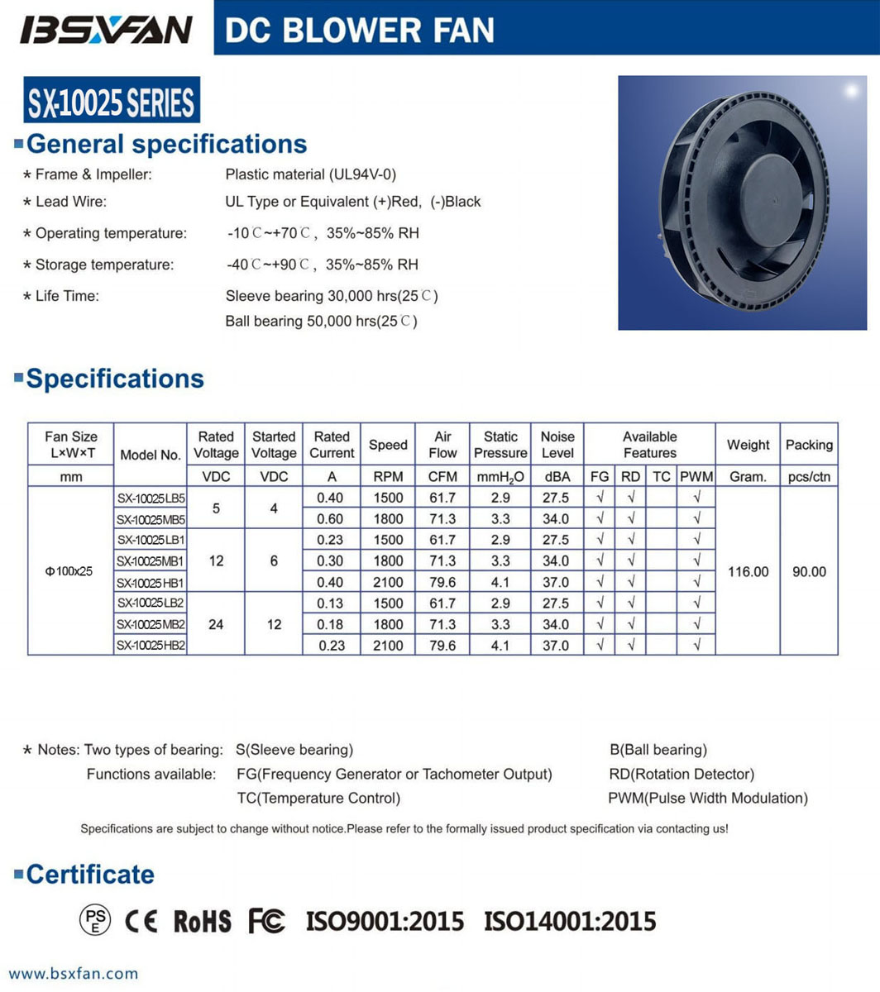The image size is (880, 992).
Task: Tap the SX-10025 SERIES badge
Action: click(112, 103)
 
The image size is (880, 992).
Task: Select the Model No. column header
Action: click(150, 454)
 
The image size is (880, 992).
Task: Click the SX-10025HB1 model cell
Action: click(150, 582)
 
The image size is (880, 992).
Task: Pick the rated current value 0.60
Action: click(331, 519)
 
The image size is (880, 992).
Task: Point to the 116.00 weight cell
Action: click(748, 571)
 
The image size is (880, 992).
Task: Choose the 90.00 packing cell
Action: click(809, 571)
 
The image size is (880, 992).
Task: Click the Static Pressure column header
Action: click(500, 445)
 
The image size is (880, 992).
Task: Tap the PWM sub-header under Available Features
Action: click(696, 477)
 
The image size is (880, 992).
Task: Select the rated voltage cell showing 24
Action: click(216, 624)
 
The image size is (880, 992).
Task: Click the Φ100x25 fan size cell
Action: click(70, 571)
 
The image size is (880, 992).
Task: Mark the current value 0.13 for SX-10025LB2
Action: click(331, 603)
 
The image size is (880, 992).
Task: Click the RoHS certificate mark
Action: click(203, 921)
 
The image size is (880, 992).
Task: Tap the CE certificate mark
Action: click(141, 921)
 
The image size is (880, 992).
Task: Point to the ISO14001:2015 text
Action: click(570, 921)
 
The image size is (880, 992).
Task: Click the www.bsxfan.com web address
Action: click(74, 974)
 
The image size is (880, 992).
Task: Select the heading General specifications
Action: click(166, 144)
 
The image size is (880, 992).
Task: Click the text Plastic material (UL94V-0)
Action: click(311, 174)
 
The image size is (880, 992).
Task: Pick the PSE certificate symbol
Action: click(95, 920)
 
